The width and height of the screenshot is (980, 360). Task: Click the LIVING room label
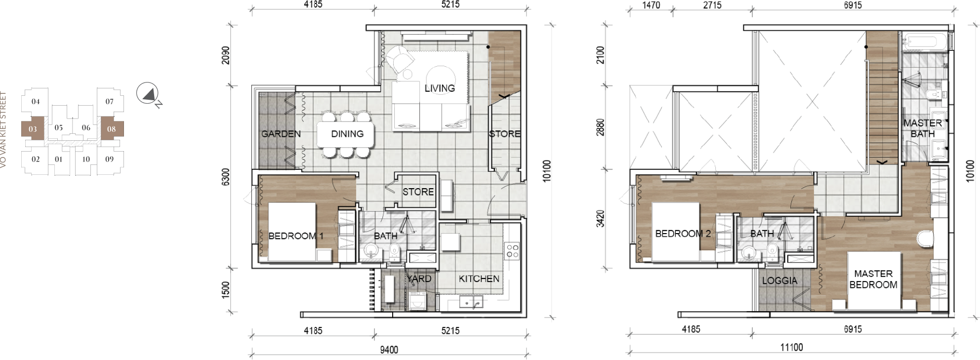pos(440,88)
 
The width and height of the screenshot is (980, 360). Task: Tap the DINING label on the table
pos(347,134)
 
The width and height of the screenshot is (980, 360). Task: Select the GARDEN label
pos(281,134)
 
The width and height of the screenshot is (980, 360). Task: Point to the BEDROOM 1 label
pos(296,236)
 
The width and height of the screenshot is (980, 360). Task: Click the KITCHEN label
pos(479,279)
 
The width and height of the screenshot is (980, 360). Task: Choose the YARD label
pos(419,279)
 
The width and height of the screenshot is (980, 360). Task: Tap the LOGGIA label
pos(779,281)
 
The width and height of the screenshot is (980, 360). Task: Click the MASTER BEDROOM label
pos(873,279)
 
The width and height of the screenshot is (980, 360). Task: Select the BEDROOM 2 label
pos(683,234)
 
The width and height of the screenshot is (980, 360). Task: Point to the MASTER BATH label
pos(923,128)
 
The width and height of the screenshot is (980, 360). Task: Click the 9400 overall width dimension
pos(389,350)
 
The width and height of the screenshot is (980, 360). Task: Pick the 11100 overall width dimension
pos(791,348)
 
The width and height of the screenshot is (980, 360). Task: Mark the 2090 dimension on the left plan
pos(226,55)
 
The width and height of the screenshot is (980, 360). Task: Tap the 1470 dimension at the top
pos(651,5)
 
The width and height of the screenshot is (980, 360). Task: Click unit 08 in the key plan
pos(111,129)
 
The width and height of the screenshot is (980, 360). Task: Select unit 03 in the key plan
pos(33,129)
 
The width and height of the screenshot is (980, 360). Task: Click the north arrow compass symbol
pos(147,93)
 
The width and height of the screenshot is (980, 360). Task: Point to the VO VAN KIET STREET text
pos(3,129)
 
